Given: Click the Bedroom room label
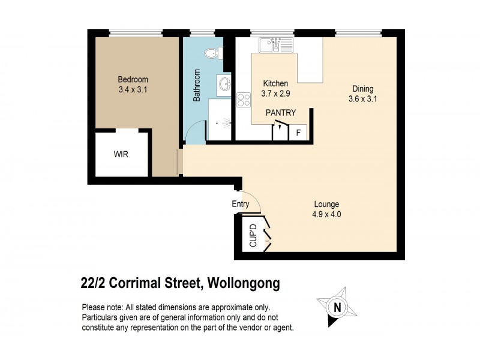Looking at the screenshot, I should [x=133, y=80].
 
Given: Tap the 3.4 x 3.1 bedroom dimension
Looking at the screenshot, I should [x=133, y=91].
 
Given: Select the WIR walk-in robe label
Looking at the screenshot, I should [x=121, y=154].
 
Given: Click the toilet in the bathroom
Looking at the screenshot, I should [x=211, y=54].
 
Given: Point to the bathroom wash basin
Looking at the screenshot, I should [x=224, y=85].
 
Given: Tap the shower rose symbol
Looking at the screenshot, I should [x=225, y=123].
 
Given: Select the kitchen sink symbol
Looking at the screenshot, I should [x=276, y=44].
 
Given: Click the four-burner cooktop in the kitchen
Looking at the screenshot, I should [x=243, y=100].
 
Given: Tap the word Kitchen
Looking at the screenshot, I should [x=275, y=83].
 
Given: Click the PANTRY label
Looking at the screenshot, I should [x=281, y=112].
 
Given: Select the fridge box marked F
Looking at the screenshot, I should [x=298, y=132].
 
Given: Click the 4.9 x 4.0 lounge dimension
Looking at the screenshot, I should [x=326, y=214].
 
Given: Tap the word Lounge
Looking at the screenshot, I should [x=326, y=204].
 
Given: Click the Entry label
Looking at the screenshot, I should [x=241, y=204].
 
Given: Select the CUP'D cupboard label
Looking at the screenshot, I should [x=253, y=236].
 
